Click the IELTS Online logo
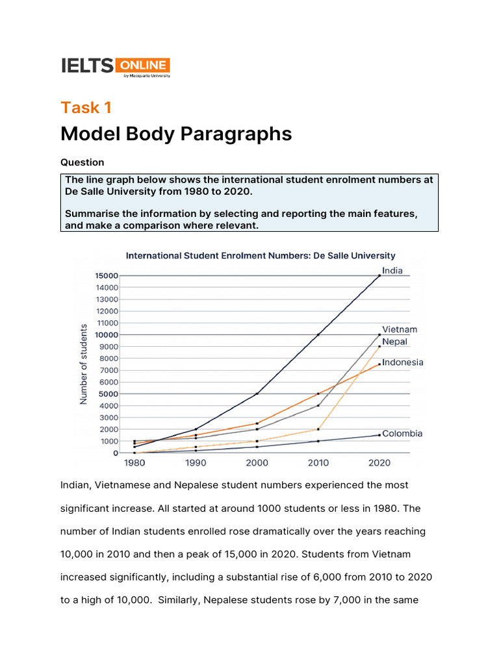115,66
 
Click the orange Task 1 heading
86,108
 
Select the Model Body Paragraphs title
176,134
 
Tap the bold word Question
82,162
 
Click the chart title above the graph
260,256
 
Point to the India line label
392,271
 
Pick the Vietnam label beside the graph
400,330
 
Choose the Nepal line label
395,341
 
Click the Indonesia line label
403,362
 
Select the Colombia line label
402,433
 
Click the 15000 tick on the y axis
107,276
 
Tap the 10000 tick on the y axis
107,334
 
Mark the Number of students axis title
84,364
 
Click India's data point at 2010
318,334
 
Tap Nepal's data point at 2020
379,346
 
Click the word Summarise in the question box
90,214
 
